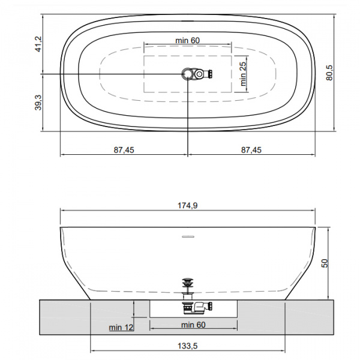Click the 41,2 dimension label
click(x=38, y=44)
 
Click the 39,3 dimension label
click(x=38, y=103)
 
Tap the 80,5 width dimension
click(x=329, y=73)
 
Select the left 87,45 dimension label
click(x=124, y=150)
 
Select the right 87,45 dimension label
click(x=251, y=150)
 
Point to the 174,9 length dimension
click(x=188, y=205)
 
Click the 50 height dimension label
click(x=325, y=263)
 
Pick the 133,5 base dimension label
click(x=188, y=346)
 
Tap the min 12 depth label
click(x=121, y=328)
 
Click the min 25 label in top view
click(x=243, y=74)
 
